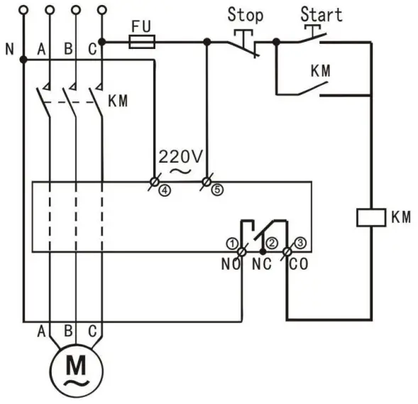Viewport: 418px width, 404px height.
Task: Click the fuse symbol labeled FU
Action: click(140, 43)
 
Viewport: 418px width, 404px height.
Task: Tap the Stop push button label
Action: click(245, 14)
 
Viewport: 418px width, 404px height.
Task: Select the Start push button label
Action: click(321, 13)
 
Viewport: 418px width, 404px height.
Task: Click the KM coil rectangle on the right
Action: click(370, 217)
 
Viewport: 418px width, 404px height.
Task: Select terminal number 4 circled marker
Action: click(165, 191)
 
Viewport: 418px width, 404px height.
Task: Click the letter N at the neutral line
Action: click(9, 50)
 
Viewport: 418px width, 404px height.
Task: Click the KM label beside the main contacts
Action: click(118, 101)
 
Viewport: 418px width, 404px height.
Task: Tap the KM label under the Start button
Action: click(321, 72)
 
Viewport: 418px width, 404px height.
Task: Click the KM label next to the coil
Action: click(400, 217)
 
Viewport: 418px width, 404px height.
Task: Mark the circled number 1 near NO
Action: click(231, 242)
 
